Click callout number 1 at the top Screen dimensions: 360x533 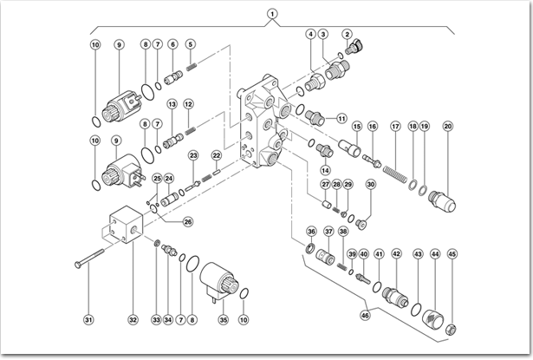click(x=272, y=14)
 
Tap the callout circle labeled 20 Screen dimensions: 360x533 click(x=448, y=127)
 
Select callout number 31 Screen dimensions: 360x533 click(x=88, y=319)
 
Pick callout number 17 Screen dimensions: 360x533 click(x=395, y=127)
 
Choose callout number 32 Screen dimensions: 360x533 click(x=133, y=319)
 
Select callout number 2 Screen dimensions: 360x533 click(x=348, y=34)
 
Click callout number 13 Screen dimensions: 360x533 click(x=172, y=104)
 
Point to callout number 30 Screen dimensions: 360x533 click(x=371, y=184)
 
